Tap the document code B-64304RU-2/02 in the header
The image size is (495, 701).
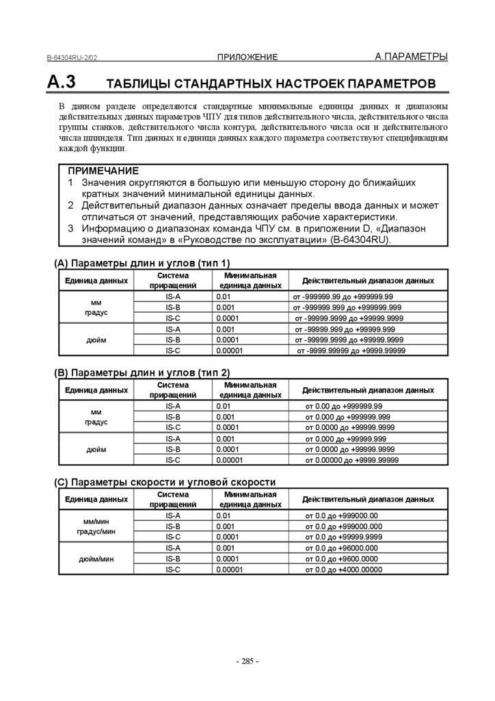[77, 58]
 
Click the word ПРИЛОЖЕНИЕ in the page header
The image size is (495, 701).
[247, 57]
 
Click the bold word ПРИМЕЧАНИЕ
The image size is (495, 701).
[103, 170]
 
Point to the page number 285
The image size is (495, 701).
[247, 661]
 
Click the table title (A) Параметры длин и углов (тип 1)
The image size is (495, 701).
[142, 263]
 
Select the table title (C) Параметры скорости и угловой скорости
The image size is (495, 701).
[165, 482]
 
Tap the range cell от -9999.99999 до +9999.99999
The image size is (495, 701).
[351, 350]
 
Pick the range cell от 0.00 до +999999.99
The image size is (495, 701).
[343, 406]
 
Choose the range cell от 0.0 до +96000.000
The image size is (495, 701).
[341, 548]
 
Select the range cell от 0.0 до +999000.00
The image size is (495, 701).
[341, 515]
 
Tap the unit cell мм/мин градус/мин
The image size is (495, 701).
[96, 526]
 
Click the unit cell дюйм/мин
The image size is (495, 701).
[96, 559]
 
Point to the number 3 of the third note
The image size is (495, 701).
[71, 228]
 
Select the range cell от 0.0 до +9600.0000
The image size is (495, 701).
[341, 559]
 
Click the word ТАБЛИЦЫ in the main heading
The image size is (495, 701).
[137, 84]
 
